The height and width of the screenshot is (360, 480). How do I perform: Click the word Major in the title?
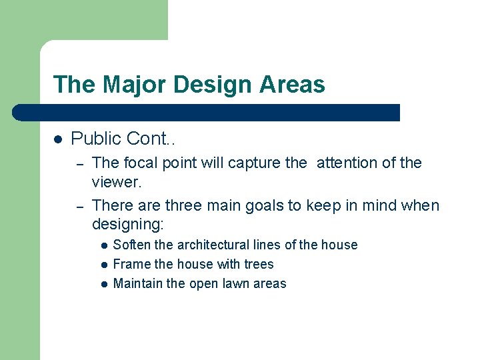[x=124, y=85]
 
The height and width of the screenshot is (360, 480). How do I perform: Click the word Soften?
[x=132, y=245]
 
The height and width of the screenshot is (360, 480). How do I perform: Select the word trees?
[x=257, y=264]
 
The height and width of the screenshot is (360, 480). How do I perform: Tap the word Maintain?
[x=138, y=283]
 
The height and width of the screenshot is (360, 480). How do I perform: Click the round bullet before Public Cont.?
[x=57, y=139]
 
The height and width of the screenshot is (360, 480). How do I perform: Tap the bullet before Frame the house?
[x=104, y=265]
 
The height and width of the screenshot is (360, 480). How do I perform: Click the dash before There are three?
[x=78, y=206]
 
